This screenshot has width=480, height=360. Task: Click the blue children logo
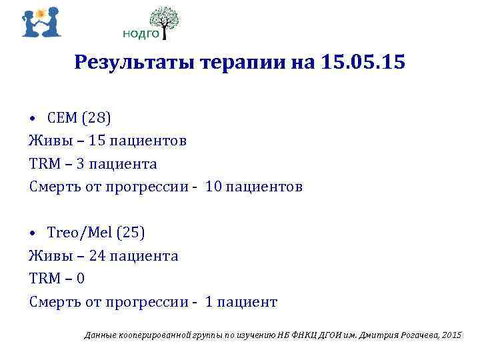click(x=41, y=22)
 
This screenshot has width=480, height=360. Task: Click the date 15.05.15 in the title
click(x=363, y=63)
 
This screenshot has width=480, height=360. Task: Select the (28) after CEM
click(x=97, y=118)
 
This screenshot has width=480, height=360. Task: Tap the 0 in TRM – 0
click(x=81, y=279)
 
